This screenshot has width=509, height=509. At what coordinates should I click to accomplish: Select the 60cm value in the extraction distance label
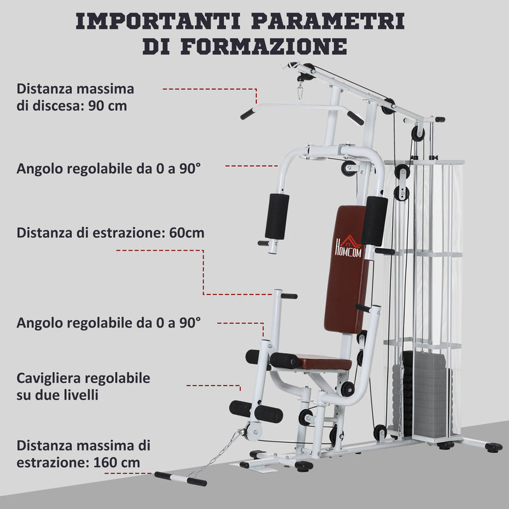187,232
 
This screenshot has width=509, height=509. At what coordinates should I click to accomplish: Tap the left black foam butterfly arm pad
277,216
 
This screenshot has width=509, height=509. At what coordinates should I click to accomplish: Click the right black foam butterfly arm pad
375,220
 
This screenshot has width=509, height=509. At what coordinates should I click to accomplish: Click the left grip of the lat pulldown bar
248,114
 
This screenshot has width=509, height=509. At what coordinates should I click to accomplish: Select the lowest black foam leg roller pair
256,412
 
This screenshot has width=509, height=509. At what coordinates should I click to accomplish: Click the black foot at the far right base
493,447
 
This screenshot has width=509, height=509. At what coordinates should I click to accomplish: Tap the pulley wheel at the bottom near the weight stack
380,433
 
